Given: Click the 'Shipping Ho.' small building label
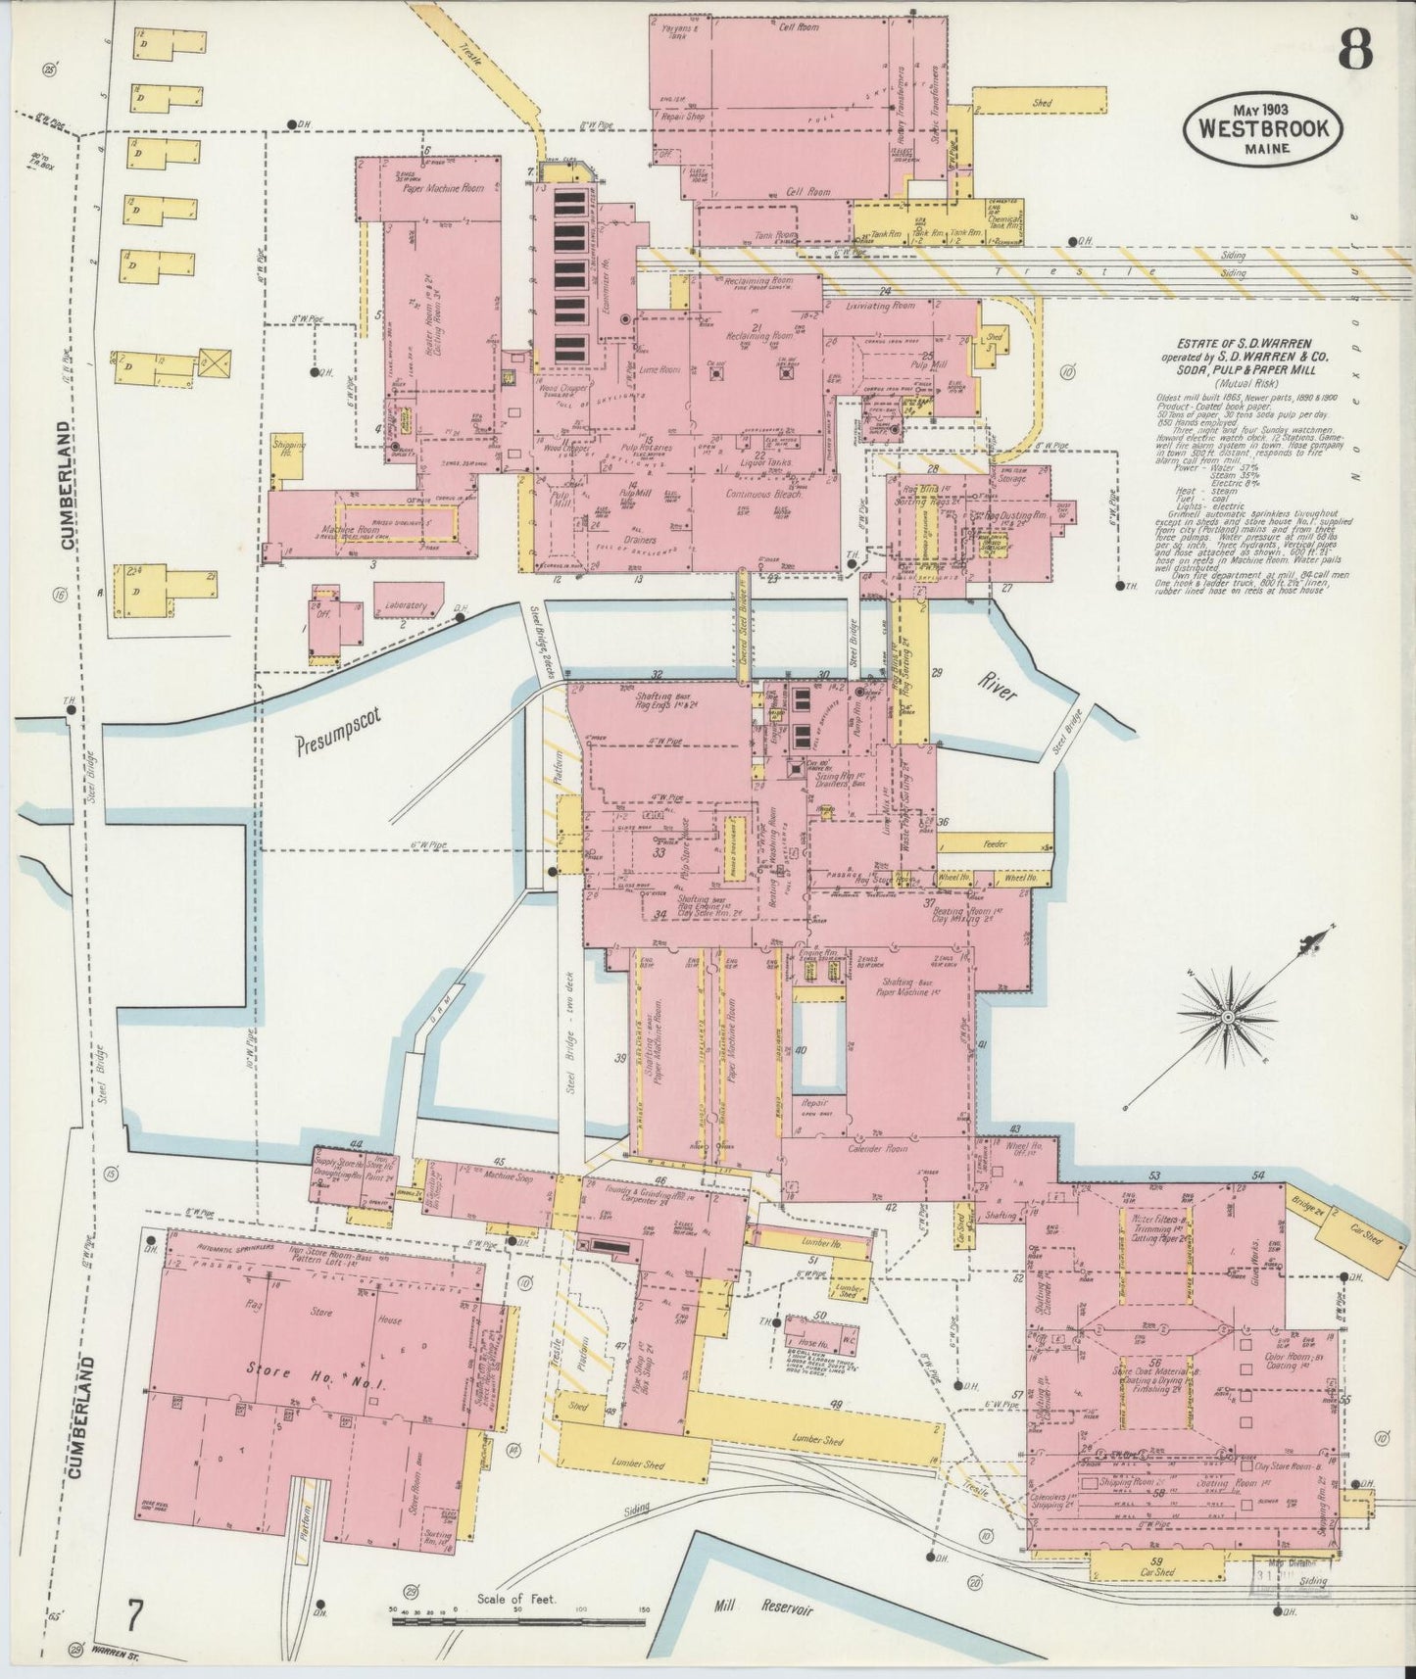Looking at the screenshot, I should point(288,451).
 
